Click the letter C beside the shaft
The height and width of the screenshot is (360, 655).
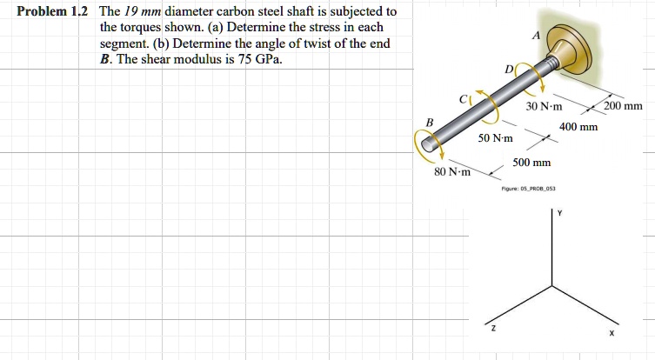[x=466, y=99]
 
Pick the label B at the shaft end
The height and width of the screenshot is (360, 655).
[x=429, y=123]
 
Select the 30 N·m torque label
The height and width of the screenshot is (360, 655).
[x=545, y=107]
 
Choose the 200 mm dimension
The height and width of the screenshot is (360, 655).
[x=623, y=107]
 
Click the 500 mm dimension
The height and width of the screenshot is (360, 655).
[x=531, y=163]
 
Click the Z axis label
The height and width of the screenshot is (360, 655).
[x=493, y=328]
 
